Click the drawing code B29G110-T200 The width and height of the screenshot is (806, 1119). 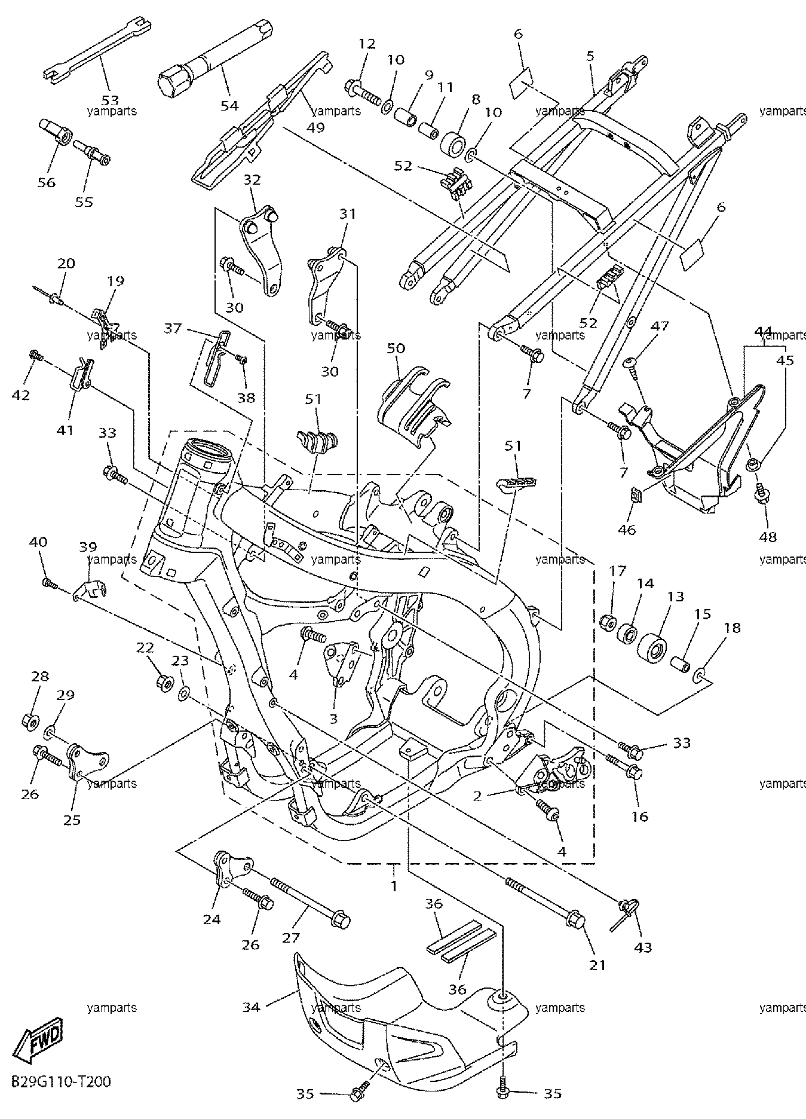point(60,1082)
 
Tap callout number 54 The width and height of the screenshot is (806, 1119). point(229,105)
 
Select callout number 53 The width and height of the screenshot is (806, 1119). point(110,100)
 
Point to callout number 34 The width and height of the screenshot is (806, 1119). point(252,1007)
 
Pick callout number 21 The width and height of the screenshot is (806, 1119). point(598,964)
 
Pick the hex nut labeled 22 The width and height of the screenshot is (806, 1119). point(164,680)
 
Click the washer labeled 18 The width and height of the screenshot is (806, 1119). point(700,677)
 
